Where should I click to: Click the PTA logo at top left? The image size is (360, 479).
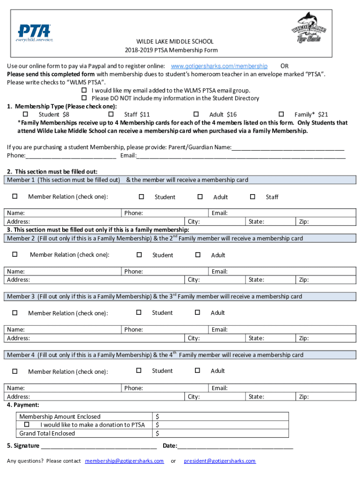click(35, 33)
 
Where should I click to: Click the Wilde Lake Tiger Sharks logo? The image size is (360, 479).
click(309, 29)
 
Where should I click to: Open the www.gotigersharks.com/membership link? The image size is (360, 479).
click(219, 66)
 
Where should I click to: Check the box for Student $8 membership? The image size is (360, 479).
click(26, 114)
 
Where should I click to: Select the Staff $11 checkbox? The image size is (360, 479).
click(111, 114)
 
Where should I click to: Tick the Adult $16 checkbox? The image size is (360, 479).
click(196, 114)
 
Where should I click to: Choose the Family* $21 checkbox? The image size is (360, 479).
click(281, 114)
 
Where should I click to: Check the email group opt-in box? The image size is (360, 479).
click(85, 90)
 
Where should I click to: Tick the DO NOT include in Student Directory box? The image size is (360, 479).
click(85, 98)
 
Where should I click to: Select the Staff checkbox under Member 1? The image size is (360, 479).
click(252, 196)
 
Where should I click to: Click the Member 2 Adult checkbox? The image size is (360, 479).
click(198, 254)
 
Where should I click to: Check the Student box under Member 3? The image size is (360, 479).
click(138, 312)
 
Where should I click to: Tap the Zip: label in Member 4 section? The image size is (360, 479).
click(304, 397)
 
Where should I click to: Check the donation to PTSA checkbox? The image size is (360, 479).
click(27, 424)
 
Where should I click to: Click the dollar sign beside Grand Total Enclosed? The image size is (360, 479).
click(158, 433)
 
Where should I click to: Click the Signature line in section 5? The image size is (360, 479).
click(98, 446)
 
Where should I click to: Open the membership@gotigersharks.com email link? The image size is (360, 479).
click(124, 461)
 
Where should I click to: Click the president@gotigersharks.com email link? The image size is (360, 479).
click(220, 461)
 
